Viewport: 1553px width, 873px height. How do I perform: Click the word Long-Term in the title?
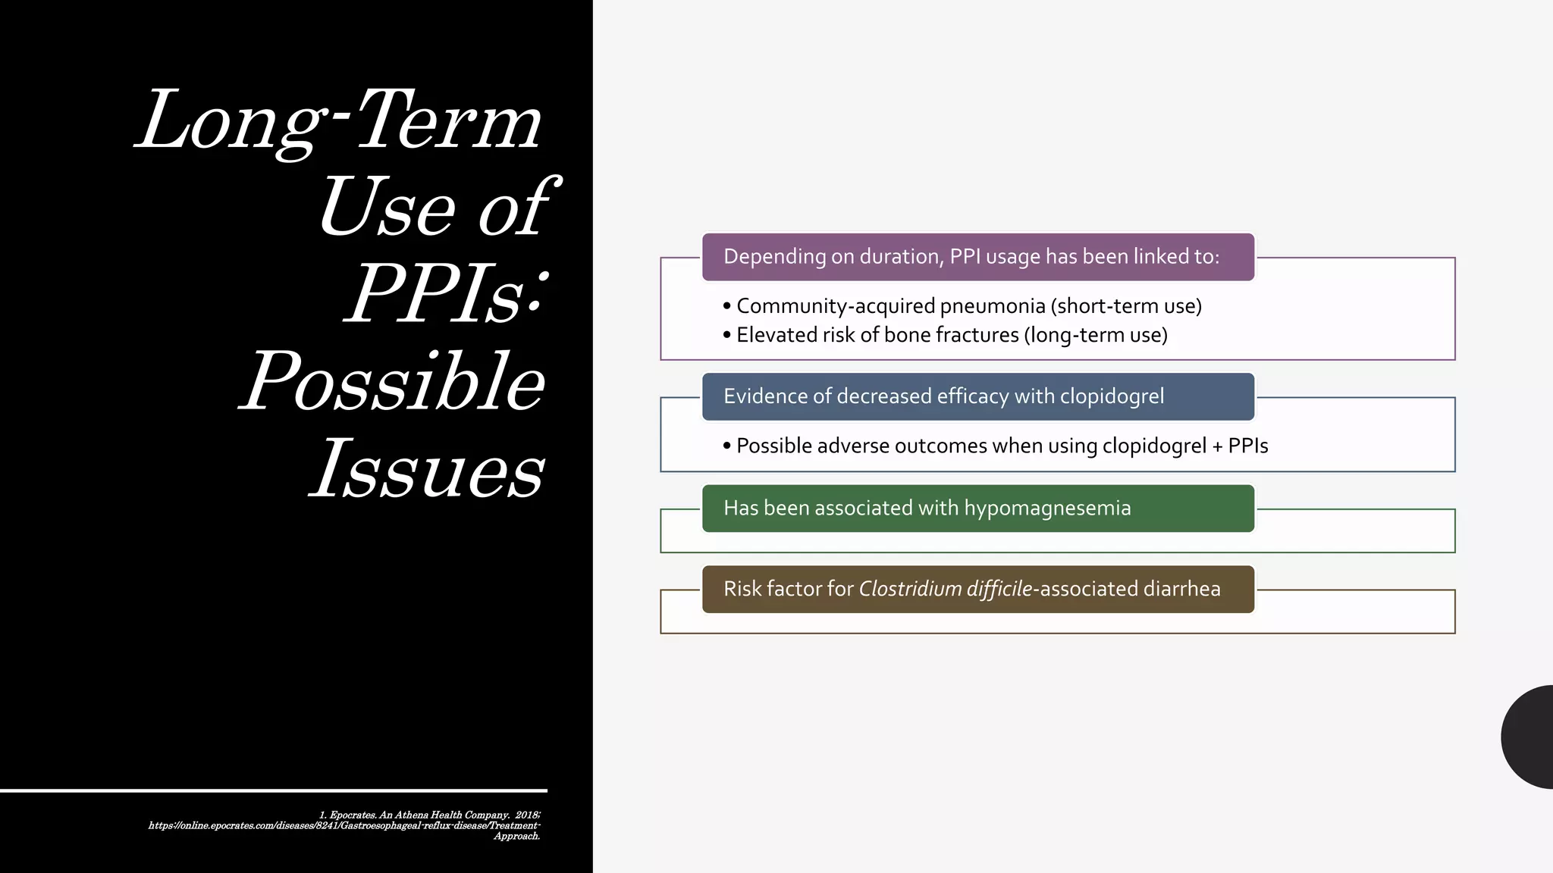(x=339, y=121)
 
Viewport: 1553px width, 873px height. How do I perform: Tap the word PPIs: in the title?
(x=446, y=294)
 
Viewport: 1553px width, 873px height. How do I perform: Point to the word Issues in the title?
(x=427, y=468)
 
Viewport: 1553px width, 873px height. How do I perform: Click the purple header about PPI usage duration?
(x=977, y=257)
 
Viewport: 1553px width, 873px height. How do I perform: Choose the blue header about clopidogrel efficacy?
(x=977, y=396)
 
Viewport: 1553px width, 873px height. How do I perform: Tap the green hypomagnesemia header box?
(x=977, y=508)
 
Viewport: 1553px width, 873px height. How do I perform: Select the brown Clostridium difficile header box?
(x=977, y=590)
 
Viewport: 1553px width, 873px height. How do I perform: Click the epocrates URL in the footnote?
(x=344, y=825)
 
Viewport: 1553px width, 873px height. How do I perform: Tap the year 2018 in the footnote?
(x=526, y=815)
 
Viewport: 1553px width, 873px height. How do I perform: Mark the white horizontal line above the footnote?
(x=273, y=790)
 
